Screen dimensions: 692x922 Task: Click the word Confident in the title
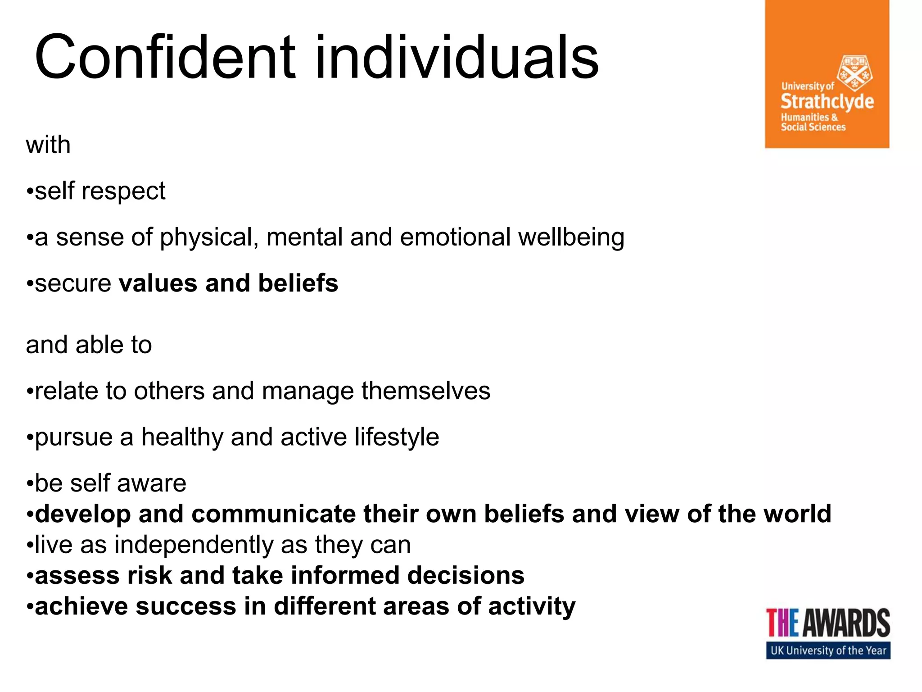point(165,58)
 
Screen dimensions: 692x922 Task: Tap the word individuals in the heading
point(456,58)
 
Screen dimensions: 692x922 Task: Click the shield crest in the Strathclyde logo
point(854,73)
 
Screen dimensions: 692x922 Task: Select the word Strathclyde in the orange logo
point(827,102)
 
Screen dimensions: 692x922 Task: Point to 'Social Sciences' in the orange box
point(813,127)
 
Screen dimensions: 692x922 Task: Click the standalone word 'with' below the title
point(48,145)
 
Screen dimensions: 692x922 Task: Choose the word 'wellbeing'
point(571,238)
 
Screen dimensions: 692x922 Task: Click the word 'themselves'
point(425,391)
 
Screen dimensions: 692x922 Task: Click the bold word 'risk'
point(149,576)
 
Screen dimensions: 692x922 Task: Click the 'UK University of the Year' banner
point(828,651)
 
